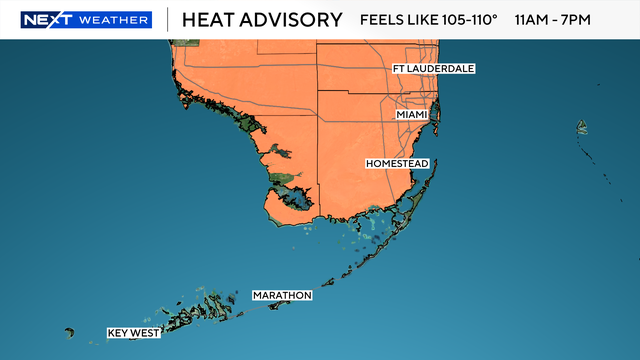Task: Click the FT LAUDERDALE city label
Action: (433, 69)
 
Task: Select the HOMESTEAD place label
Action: (397, 163)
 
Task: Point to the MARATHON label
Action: (282, 296)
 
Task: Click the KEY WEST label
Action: (134, 333)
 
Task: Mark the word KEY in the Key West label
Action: (120, 333)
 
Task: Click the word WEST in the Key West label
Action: (145, 333)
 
